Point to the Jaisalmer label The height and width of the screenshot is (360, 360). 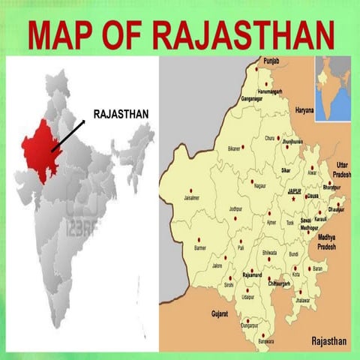click(x=191, y=198)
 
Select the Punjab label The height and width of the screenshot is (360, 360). click(x=270, y=60)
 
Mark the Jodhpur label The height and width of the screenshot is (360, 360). click(x=236, y=208)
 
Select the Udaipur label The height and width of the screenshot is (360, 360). click(x=247, y=297)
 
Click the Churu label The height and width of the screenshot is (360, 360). click(x=269, y=138)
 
